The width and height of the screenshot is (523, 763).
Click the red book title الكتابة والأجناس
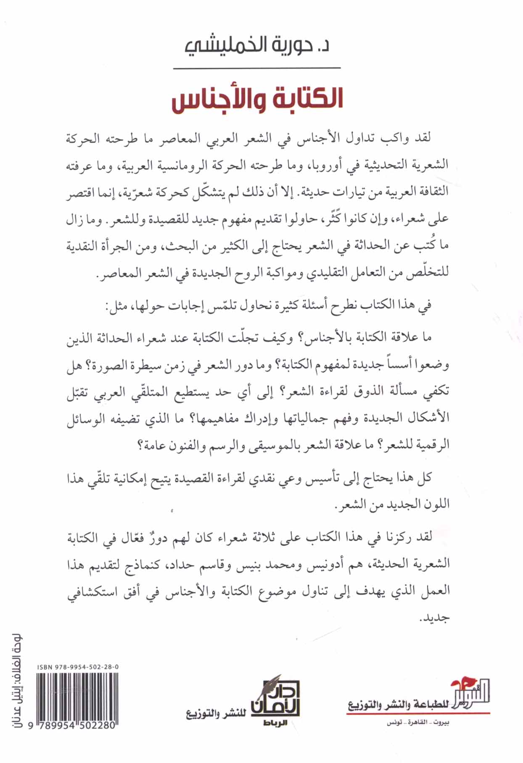257,100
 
